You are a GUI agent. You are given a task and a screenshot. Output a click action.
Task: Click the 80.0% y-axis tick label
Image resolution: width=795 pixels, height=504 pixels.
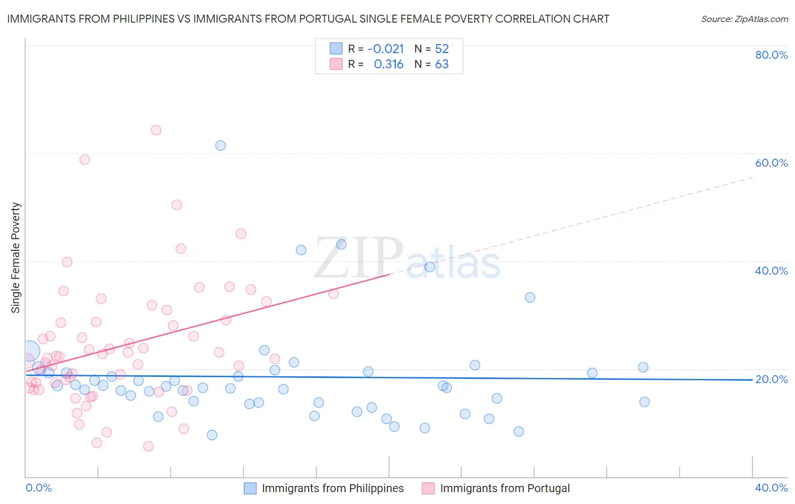[x=771, y=55]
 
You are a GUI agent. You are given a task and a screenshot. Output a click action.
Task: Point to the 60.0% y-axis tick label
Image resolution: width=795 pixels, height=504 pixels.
[x=771, y=163]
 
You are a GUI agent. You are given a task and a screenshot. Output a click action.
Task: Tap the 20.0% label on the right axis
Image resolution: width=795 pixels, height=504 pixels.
[x=771, y=379]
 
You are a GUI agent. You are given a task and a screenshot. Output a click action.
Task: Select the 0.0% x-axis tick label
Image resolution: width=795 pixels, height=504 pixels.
[x=38, y=488]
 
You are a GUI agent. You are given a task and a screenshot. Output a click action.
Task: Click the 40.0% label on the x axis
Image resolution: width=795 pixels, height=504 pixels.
[x=771, y=488]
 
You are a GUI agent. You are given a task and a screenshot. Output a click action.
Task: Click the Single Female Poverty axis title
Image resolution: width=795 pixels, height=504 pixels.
[x=16, y=258]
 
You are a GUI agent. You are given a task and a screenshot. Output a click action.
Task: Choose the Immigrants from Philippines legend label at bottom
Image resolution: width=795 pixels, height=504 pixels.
[x=332, y=488]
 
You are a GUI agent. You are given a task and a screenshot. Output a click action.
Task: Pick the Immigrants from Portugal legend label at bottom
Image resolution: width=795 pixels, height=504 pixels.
[x=504, y=488]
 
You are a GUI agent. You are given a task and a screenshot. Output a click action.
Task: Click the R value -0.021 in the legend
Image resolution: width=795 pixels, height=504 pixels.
[x=386, y=49]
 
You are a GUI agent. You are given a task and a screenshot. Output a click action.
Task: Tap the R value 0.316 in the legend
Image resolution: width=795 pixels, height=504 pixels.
[x=388, y=64]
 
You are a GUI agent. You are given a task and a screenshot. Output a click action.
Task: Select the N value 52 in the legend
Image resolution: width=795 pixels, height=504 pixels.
[x=442, y=49]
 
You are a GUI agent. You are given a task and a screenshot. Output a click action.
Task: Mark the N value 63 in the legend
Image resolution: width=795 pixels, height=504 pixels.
[x=442, y=64]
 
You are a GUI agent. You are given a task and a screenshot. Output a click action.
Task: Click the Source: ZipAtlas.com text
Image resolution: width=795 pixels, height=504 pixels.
[x=744, y=19]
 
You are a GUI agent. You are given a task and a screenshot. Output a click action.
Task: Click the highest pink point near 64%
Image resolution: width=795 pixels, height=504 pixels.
[x=156, y=130]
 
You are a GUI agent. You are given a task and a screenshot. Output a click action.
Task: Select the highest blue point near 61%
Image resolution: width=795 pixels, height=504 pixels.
[x=221, y=145]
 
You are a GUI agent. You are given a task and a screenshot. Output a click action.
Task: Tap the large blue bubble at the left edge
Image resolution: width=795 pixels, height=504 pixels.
[x=29, y=351]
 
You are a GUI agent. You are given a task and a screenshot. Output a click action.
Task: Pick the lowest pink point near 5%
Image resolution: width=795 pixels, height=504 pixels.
[x=148, y=446]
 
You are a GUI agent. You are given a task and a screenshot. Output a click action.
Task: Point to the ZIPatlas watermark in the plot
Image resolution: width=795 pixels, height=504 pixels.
[x=407, y=258]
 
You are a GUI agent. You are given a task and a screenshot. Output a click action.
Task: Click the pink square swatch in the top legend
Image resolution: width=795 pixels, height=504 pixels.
[x=336, y=64]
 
